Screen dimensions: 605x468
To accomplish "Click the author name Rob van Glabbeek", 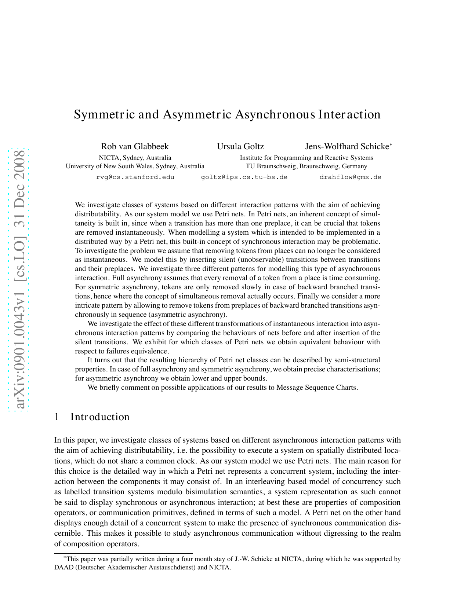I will coord(135,147).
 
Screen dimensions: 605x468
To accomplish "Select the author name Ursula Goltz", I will coord(240,147).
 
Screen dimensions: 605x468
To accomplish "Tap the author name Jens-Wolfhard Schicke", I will coord(347,147).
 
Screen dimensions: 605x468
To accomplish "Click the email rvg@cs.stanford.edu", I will coord(135,177).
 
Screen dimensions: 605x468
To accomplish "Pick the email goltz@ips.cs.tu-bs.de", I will coord(244,177).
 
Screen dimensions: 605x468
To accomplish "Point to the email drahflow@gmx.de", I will coord(350,177).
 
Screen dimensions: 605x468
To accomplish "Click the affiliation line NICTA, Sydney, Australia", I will coord(135,158).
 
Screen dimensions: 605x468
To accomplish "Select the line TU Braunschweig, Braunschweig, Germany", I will coord(306,166).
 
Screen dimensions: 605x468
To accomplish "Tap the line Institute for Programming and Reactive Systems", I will coord(306,158).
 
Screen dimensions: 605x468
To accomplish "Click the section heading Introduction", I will coord(100,417).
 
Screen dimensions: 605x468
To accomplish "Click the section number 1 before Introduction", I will coord(57,417).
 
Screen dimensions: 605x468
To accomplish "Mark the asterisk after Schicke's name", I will coord(391,144).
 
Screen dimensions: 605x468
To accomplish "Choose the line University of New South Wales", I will coord(135,166).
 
